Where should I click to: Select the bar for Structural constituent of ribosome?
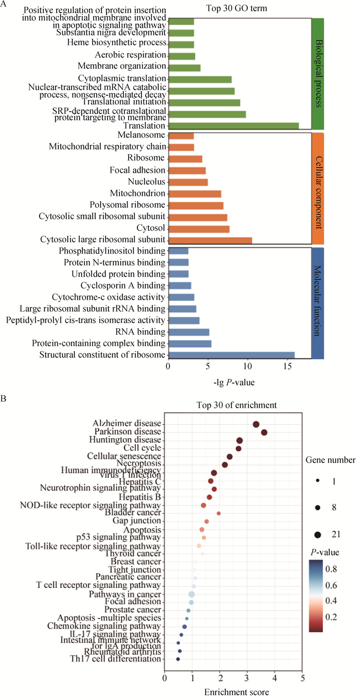point(231,355)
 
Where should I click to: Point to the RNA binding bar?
point(188,332)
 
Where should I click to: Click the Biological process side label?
point(318,73)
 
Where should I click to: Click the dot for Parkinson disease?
point(264,433)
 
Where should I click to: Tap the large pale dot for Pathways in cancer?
point(192,595)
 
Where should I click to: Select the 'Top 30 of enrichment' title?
point(237,405)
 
